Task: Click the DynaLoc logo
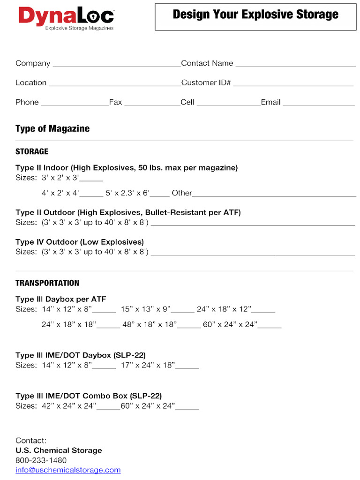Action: (66, 18)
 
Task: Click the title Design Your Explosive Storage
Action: (255, 15)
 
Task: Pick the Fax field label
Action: (115, 102)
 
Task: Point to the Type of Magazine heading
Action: (52, 128)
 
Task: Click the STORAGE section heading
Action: (32, 151)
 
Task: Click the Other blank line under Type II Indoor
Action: (274, 194)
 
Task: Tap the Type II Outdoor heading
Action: (128, 212)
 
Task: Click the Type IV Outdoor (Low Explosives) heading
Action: (80, 242)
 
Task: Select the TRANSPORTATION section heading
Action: (47, 283)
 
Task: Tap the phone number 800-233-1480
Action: (41, 460)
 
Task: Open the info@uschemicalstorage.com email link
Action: (68, 470)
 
